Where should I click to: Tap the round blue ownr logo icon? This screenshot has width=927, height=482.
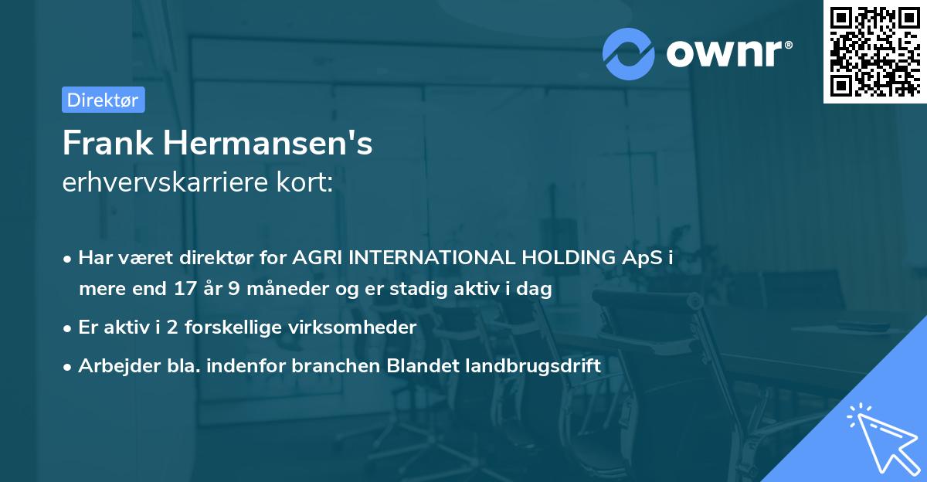629,53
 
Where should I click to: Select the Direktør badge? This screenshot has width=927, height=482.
103,100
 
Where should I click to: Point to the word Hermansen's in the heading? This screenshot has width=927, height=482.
267,144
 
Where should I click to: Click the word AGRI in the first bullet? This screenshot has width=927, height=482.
317,258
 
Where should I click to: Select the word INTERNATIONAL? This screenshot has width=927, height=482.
425,258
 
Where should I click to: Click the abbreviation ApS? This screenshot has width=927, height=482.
641,258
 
